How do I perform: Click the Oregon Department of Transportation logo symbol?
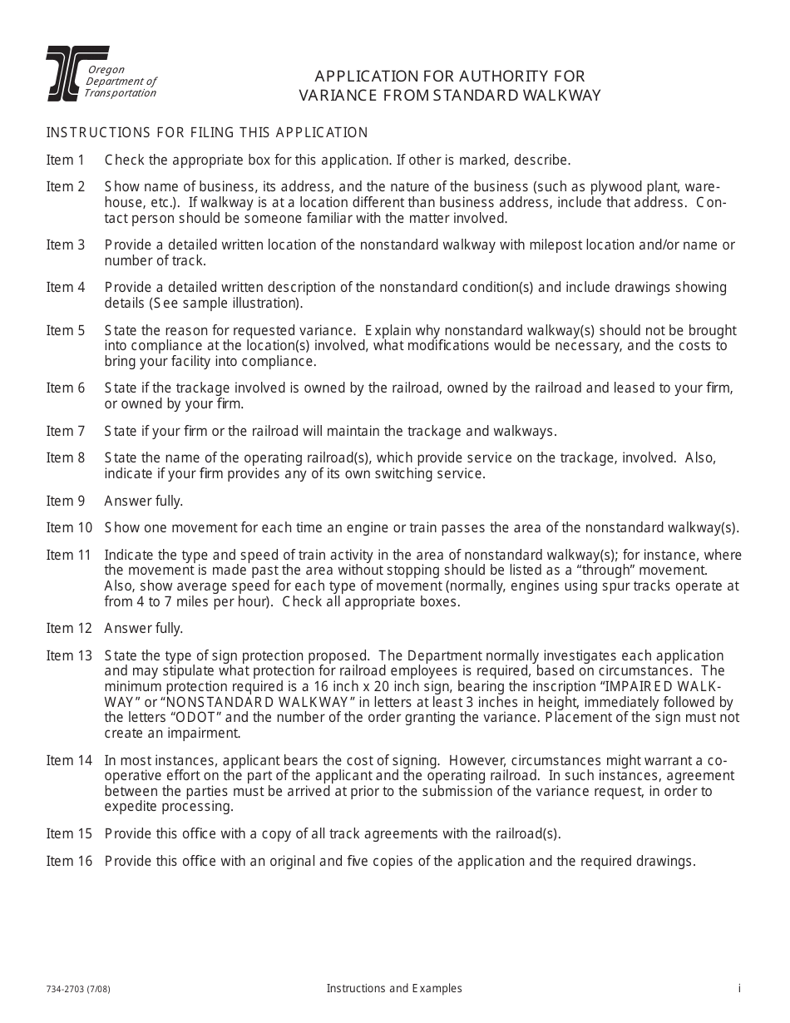tap(65, 74)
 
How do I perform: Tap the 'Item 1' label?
tap(66, 160)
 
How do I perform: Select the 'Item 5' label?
tap(66, 330)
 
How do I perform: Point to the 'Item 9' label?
tap(66, 501)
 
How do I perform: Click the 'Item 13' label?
tap(69, 655)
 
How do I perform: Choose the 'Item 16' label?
tap(69, 861)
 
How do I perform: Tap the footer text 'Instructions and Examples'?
tap(394, 989)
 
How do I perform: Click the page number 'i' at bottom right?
tap(738, 989)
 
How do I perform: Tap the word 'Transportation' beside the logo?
tap(120, 93)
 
